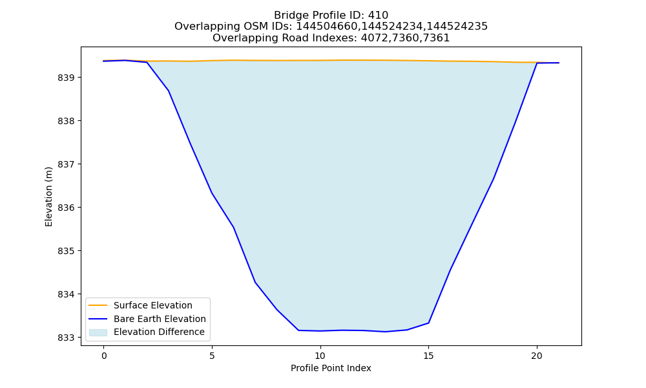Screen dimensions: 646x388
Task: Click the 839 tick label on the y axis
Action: (x=66, y=78)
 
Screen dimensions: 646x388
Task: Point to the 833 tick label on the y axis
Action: (x=66, y=338)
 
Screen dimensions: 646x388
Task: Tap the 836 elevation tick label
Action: (x=66, y=208)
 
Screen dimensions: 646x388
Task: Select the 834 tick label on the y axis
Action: (x=66, y=294)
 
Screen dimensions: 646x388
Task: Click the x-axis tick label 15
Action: (x=428, y=356)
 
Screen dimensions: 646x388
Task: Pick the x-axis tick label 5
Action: (x=212, y=356)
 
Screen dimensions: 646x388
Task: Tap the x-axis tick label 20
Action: (x=537, y=356)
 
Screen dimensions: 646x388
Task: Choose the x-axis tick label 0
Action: (x=104, y=356)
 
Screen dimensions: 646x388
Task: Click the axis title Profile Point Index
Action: (x=331, y=368)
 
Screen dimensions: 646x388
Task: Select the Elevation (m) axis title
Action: (x=48, y=197)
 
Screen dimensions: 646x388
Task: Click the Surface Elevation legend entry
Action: (x=153, y=305)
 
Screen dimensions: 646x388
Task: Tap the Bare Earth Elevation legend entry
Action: (x=160, y=319)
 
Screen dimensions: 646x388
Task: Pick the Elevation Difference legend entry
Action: (x=159, y=332)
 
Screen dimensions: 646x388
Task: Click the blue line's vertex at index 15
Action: (x=428, y=323)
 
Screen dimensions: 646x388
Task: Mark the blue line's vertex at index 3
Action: (x=169, y=91)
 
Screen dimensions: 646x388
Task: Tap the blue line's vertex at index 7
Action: (x=255, y=282)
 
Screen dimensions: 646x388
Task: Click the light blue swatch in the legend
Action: (x=98, y=332)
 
